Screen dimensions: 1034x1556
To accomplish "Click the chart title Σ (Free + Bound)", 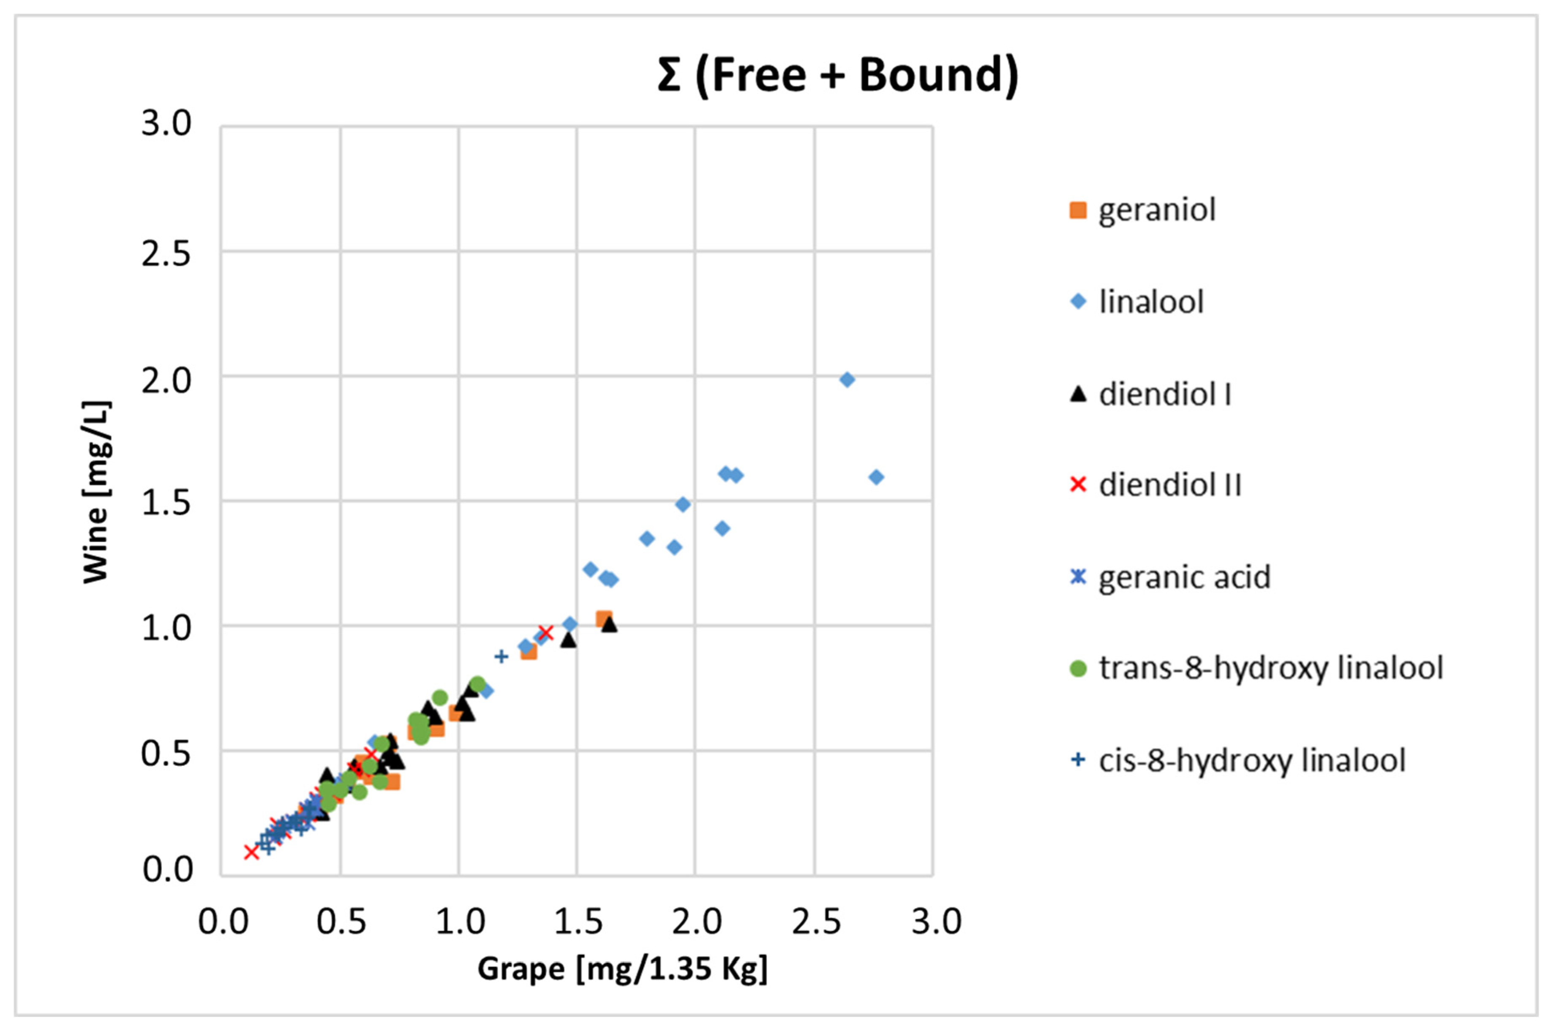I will [x=838, y=74].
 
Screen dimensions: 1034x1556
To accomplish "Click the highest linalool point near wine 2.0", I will [x=847, y=380].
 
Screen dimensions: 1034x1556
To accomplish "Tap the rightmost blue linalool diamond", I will [x=876, y=477].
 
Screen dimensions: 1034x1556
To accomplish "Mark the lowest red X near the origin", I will [x=251, y=852].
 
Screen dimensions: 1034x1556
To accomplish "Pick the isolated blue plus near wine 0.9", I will [x=501, y=656].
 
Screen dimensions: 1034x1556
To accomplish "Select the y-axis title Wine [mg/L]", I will [x=97, y=492].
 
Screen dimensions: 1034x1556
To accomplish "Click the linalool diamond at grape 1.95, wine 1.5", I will [x=683, y=504].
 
